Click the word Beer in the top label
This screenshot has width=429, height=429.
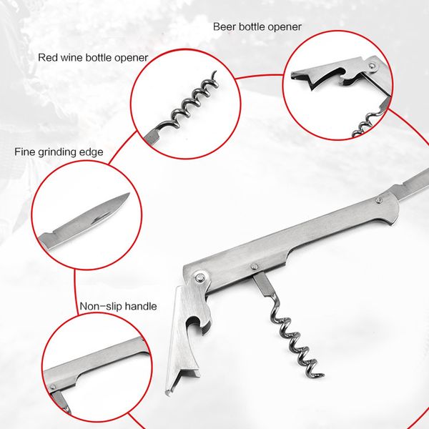(224, 27)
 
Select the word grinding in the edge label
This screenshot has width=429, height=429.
(61, 152)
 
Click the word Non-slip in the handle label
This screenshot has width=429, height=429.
(101, 307)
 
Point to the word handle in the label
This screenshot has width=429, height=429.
(141, 307)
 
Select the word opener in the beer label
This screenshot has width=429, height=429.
(282, 27)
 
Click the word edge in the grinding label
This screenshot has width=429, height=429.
(93, 152)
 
